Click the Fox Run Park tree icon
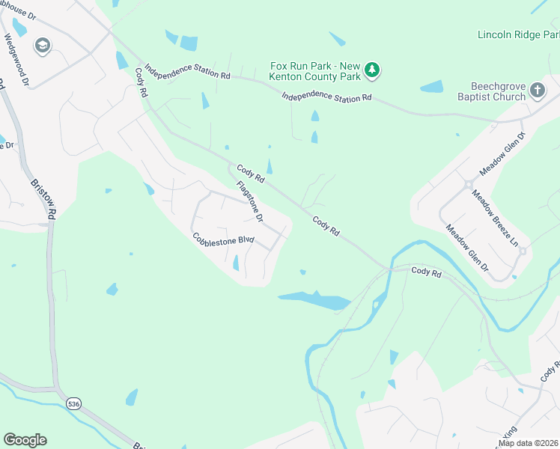(372, 71)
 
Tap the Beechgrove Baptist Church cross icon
(537, 91)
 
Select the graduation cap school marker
(43, 46)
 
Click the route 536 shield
(72, 403)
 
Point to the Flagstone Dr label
(250, 202)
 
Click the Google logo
(25, 440)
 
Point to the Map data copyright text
(528, 443)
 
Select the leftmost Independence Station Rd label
(188, 72)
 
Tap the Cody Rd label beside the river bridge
(426, 272)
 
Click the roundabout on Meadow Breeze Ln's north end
(469, 183)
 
